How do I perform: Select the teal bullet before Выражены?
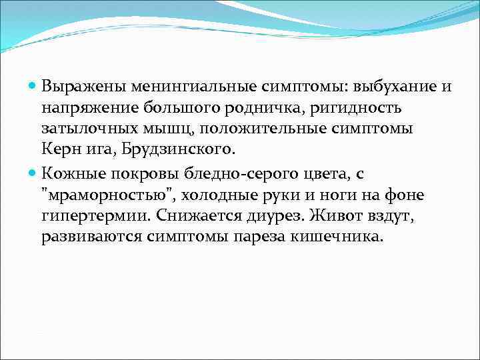click(34, 87)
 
